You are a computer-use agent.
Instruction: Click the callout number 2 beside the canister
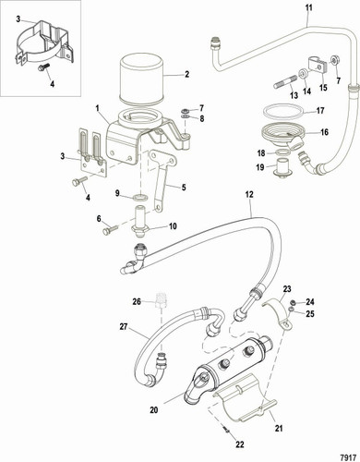(x=186, y=74)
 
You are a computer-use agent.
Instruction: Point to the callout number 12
(x=248, y=194)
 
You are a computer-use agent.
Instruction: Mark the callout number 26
(x=136, y=301)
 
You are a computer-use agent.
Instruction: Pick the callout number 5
(x=183, y=188)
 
